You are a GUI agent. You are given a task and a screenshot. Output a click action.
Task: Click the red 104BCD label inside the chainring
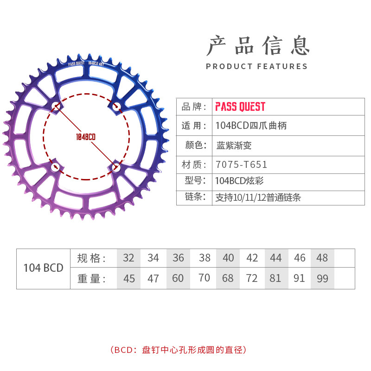click(x=86, y=137)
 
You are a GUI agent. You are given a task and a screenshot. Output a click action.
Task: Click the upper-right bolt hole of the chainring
click(x=116, y=107)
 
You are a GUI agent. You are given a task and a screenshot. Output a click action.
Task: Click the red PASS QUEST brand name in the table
click(x=240, y=107)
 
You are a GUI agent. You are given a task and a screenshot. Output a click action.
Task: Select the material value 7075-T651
click(x=241, y=164)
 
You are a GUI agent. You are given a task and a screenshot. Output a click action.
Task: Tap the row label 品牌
click(x=194, y=107)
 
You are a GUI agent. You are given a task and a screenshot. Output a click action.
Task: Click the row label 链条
click(x=194, y=197)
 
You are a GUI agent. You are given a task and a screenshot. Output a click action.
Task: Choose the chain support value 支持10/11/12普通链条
click(x=258, y=197)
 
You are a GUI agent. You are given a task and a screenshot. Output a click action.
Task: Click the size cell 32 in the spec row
click(x=128, y=258)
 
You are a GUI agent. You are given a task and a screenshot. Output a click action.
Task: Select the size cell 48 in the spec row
click(x=322, y=258)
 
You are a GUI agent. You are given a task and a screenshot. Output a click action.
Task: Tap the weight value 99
click(x=322, y=278)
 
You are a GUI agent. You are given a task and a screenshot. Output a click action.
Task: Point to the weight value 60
click(x=178, y=278)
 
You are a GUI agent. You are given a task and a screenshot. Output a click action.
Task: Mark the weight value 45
click(x=129, y=278)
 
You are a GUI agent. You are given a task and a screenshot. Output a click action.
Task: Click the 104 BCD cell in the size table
click(x=43, y=268)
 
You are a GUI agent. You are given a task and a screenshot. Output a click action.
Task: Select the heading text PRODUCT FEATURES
click(x=257, y=66)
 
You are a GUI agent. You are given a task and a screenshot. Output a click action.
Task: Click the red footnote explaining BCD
click(x=185, y=350)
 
